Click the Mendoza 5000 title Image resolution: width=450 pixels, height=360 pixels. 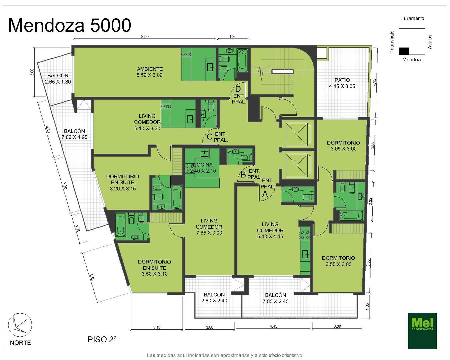coord(70,25)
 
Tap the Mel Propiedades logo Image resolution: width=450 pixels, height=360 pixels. coord(422,330)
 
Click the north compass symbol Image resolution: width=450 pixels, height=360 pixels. coord(20,325)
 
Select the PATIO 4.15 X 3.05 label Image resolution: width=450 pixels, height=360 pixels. coord(342,83)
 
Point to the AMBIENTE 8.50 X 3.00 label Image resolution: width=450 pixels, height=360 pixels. coord(150,72)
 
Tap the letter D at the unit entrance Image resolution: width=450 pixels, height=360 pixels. coord(238,89)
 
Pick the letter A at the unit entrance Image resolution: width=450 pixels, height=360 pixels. coord(265,194)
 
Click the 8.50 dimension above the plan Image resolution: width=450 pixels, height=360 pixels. coord(145,36)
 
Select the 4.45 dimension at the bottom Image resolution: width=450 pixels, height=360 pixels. coord(273,326)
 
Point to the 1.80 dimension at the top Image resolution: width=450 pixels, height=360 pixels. coord(233,36)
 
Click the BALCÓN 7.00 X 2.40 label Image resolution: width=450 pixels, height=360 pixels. coord(276,298)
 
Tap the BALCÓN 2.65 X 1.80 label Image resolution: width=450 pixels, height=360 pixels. coord(58,79)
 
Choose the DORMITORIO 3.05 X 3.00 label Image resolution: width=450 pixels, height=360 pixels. coord(343,146)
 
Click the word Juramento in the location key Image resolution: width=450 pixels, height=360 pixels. coord(413,18)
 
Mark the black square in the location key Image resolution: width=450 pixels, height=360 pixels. coord(404,51)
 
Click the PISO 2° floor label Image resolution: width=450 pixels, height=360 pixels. coord(102,340)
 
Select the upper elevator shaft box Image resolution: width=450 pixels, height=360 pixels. coord(297,135)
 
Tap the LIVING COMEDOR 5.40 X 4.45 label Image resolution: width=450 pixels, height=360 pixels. coord(270,230)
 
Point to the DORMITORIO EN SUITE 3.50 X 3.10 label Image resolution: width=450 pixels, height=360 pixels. coord(155,268)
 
